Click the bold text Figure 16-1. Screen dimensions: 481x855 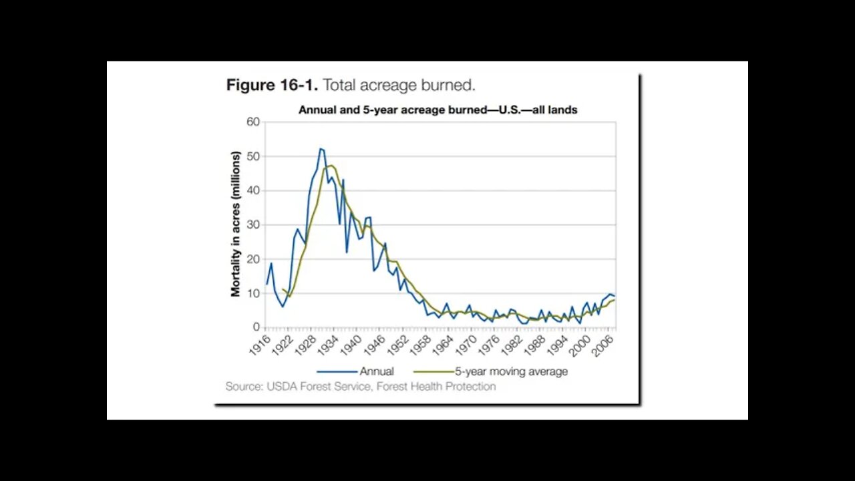272,86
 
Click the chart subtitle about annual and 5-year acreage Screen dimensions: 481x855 438,110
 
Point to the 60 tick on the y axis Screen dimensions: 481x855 252,122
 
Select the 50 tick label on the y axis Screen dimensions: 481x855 252,156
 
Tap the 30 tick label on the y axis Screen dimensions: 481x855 252,224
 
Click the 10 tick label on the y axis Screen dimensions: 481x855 252,293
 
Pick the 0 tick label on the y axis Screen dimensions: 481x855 255,327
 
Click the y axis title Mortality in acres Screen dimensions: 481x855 235,224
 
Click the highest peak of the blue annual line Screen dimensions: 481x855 321,148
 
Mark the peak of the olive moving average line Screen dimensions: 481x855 331,166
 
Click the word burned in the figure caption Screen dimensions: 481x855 452,86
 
